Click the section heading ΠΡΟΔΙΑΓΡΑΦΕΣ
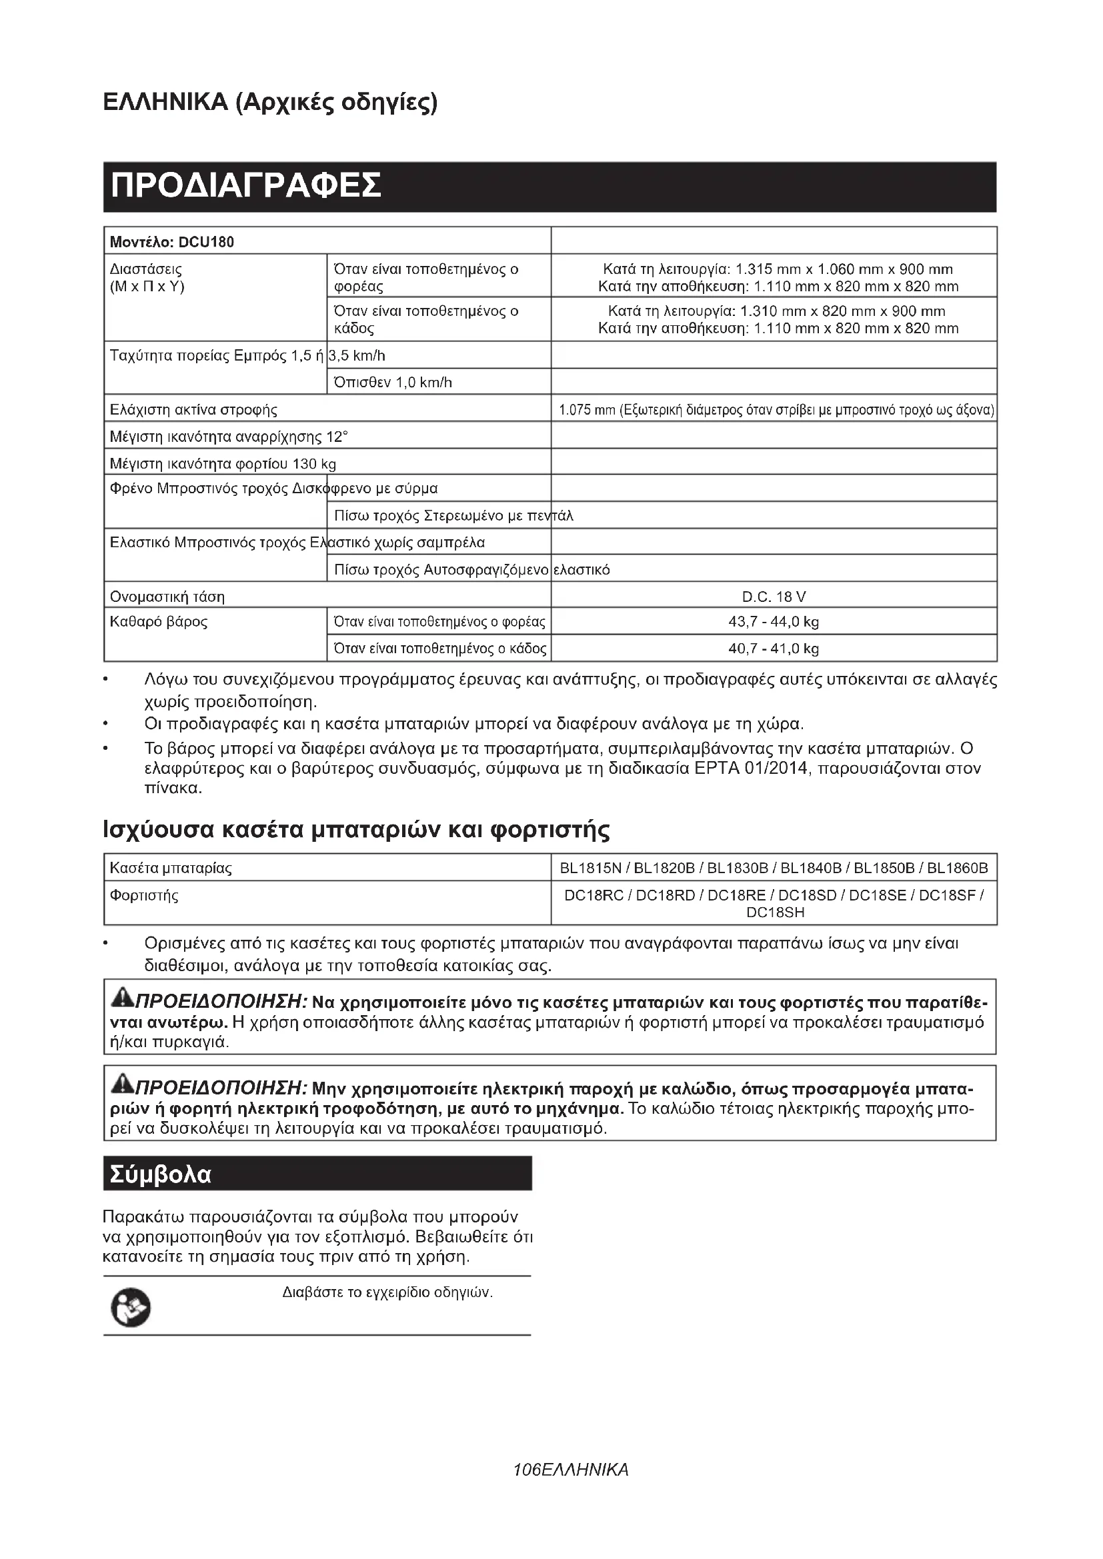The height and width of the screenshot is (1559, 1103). (245, 186)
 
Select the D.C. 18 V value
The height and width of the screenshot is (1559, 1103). (774, 597)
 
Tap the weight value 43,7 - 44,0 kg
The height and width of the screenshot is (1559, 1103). (774, 621)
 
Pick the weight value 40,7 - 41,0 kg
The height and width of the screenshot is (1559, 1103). (774, 649)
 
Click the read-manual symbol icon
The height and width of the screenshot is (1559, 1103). (131, 1307)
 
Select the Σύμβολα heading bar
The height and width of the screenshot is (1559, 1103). (317, 1174)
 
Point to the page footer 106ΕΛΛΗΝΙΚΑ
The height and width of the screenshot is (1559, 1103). (572, 1470)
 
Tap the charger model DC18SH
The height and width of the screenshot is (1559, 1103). (775, 912)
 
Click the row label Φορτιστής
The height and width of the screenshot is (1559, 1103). (144, 896)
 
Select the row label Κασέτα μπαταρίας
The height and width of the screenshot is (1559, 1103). (171, 868)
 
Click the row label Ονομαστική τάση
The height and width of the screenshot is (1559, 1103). (167, 597)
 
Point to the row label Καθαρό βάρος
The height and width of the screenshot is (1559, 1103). (159, 621)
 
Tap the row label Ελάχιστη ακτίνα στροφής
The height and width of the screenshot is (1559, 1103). (193, 410)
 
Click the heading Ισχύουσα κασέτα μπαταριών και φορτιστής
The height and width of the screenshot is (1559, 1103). (356, 829)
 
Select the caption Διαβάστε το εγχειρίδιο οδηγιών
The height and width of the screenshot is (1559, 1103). (387, 1292)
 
